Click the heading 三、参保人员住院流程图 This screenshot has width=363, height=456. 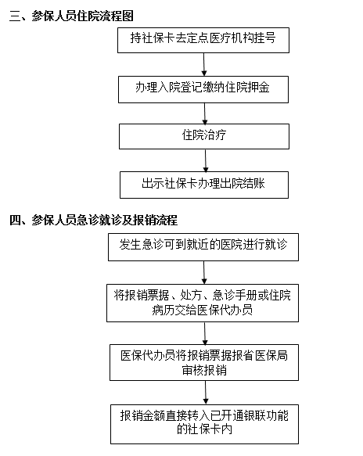tap(71, 16)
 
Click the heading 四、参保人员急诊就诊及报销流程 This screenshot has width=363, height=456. tap(93, 220)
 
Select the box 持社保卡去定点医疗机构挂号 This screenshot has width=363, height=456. tap(203, 40)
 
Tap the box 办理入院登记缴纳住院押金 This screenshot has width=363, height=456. tap(203, 90)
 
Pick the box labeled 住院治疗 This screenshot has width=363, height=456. tap(204, 136)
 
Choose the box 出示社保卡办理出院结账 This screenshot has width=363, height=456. tap(204, 185)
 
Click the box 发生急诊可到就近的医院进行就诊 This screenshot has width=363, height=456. tap(203, 247)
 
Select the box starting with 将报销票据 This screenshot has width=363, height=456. tap(203, 303)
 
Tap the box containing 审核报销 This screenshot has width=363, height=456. tap(204, 363)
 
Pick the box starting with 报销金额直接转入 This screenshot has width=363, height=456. tap(204, 424)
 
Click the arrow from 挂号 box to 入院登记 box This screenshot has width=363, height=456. tap(204, 65)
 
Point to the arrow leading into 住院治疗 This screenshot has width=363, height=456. tap(205, 113)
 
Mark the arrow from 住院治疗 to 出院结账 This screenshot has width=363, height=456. tap(206, 160)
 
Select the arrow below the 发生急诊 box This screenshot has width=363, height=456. tap(204, 272)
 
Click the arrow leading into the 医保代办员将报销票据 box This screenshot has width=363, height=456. tap(205, 333)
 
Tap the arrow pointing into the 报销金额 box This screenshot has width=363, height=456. tap(206, 393)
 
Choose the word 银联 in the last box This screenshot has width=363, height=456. tap(255, 415)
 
